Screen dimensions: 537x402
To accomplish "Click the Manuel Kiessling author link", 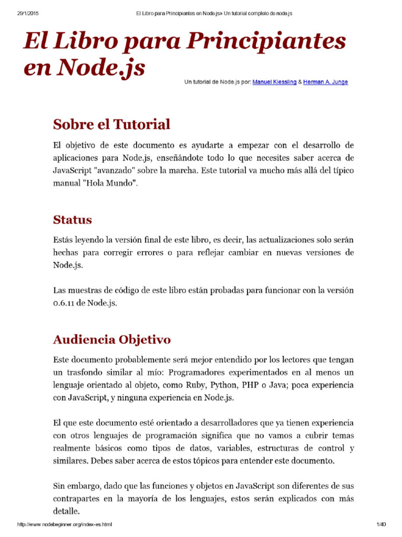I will (x=274, y=82).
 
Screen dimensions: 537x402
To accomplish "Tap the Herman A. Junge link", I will (x=325, y=82).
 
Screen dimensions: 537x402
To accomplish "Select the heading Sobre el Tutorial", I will (x=111, y=124).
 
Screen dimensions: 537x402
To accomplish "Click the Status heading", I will (x=72, y=219).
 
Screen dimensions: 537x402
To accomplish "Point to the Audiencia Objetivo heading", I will (x=111, y=339).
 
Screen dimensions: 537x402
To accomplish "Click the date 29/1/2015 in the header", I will (x=22, y=13).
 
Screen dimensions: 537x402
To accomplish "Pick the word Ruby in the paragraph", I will (x=195, y=385).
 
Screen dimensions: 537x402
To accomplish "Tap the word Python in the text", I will (x=224, y=385).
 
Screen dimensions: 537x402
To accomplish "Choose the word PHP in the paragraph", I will (x=250, y=385).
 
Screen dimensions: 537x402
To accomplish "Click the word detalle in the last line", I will (x=66, y=511).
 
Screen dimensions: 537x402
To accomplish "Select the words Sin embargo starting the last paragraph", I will (x=76, y=486).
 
